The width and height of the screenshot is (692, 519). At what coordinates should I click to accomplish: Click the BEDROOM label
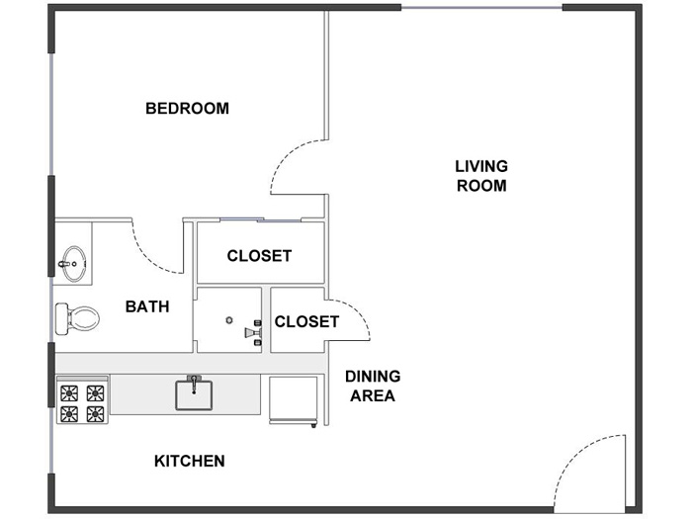pos(187,109)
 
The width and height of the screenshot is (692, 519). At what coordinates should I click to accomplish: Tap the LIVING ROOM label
pos(481,176)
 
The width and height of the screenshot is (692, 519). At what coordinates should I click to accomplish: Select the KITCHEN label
pos(190,462)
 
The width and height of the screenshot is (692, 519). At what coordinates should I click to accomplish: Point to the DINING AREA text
pos(373,387)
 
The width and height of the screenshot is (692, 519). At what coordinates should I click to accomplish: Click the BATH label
pos(147,306)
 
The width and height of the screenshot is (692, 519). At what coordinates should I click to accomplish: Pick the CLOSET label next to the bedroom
pos(259,256)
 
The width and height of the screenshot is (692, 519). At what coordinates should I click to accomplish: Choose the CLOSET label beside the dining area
pos(306,321)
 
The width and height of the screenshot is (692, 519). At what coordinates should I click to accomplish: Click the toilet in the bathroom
pos(77,318)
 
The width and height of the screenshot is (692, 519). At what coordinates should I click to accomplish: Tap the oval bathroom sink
pos(73,264)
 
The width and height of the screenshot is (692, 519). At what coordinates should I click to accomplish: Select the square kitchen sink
pos(194,393)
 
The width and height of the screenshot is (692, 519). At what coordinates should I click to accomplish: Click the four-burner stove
pos(82,400)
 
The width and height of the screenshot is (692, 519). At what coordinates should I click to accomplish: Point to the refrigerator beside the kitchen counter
pos(294,400)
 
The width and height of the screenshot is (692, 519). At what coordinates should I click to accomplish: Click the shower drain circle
pos(229,320)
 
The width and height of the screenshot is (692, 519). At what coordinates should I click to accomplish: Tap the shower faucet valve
pos(254,333)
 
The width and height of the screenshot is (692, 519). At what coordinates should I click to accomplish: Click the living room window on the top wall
pos(481,8)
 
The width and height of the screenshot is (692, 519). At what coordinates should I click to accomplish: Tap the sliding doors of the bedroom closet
pos(260,219)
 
